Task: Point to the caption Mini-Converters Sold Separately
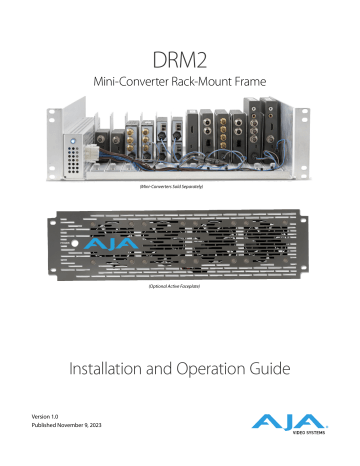coord(180,188)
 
